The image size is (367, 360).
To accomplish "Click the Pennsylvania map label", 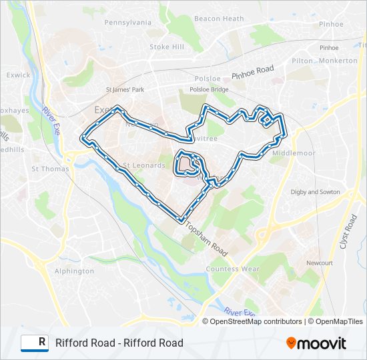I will click(127, 22).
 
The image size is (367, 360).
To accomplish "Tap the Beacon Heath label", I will click(219, 19).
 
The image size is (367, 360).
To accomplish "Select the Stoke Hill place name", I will click(167, 47).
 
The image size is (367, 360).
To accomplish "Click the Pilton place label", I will click(302, 60).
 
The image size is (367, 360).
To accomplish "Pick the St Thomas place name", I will click(50, 169).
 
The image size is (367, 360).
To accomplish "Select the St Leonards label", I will click(143, 165).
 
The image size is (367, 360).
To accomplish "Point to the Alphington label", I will click(74, 271).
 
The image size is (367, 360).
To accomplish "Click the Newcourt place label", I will click(320, 263).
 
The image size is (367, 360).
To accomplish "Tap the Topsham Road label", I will click(207, 239).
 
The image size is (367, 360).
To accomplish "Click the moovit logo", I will click(316, 343).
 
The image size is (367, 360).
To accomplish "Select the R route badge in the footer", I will click(35, 343).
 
